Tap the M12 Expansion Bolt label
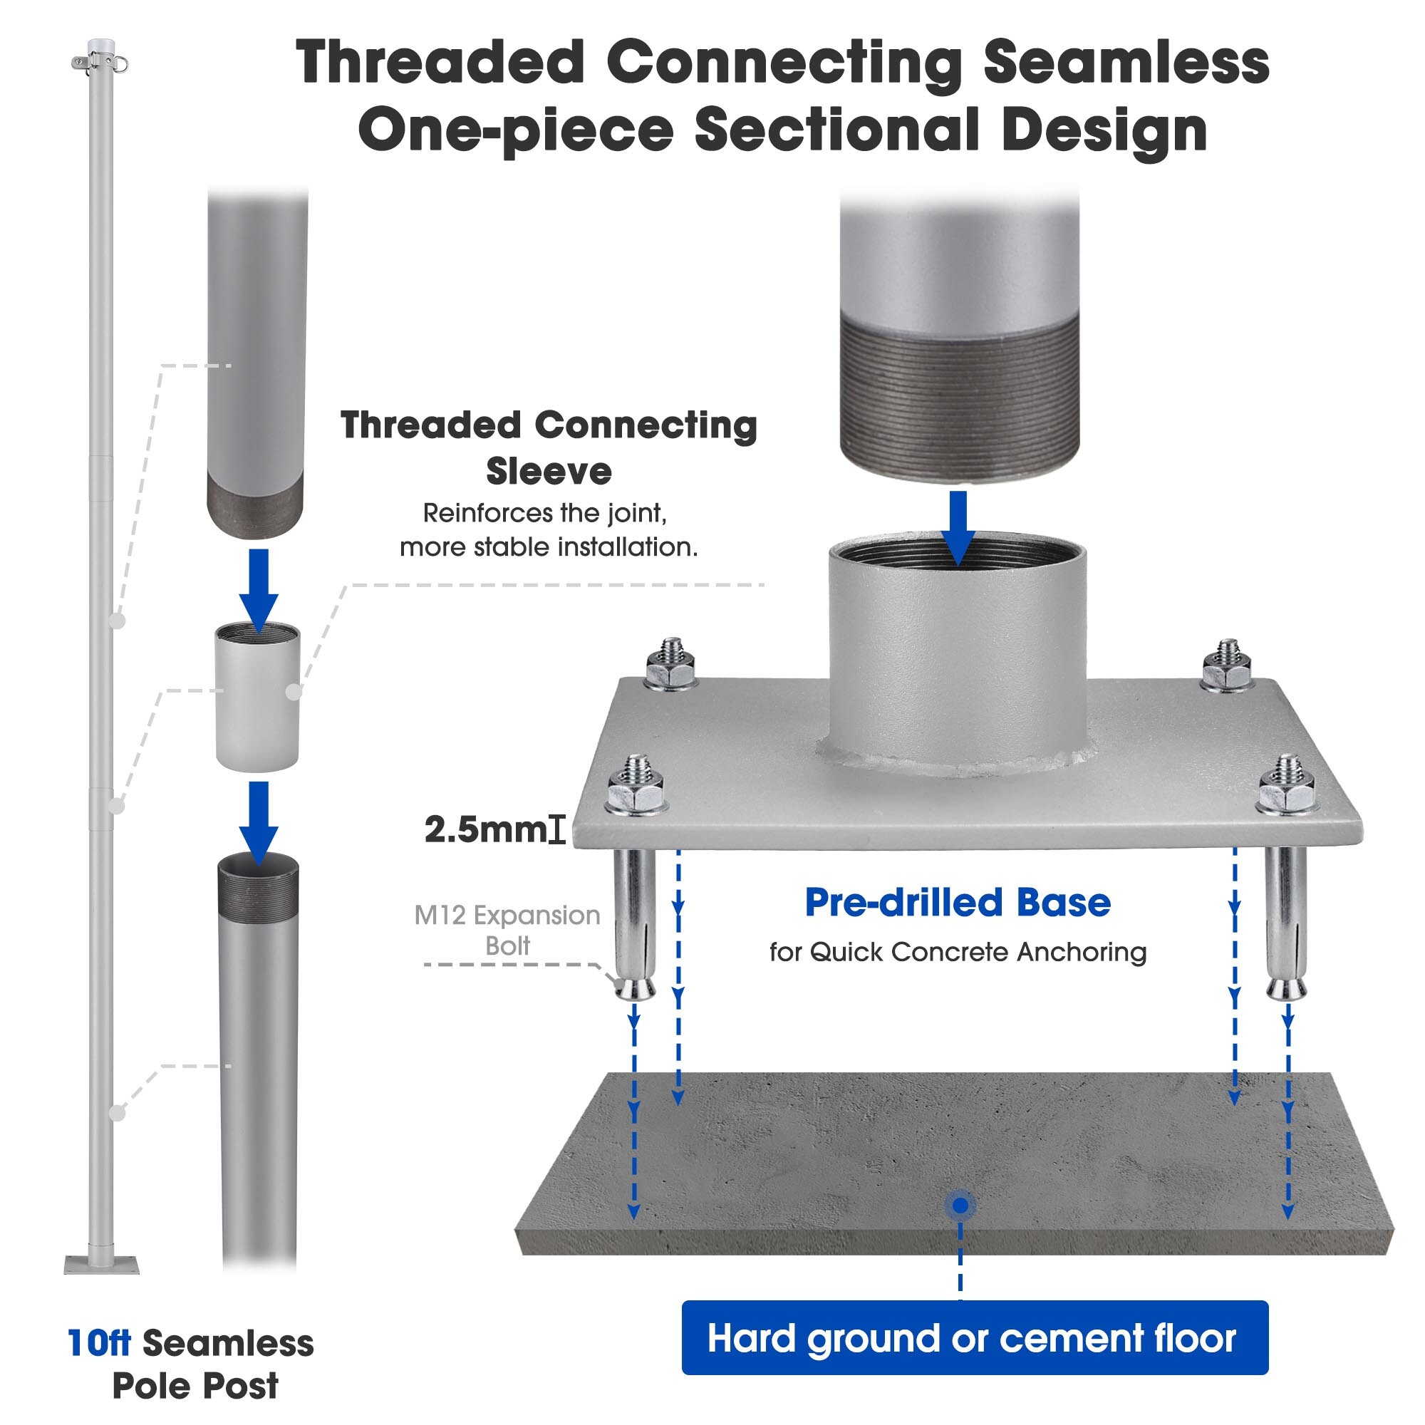pyautogui.click(x=507, y=929)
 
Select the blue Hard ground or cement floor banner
pyautogui.click(x=974, y=1338)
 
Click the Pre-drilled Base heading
pyautogui.click(x=958, y=903)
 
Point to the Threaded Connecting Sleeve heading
pyautogui.click(x=549, y=447)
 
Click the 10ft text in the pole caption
pyautogui.click(x=99, y=1343)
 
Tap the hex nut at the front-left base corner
pyautogui.click(x=635, y=791)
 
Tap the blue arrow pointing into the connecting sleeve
pyautogui.click(x=258, y=589)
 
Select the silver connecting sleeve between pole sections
pyautogui.click(x=257, y=697)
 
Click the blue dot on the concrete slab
pyautogui.click(x=960, y=1206)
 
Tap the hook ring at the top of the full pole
pyautogui.click(x=120, y=64)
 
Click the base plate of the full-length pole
pyautogui.click(x=101, y=1265)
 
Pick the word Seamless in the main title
pyautogui.click(x=1126, y=63)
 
